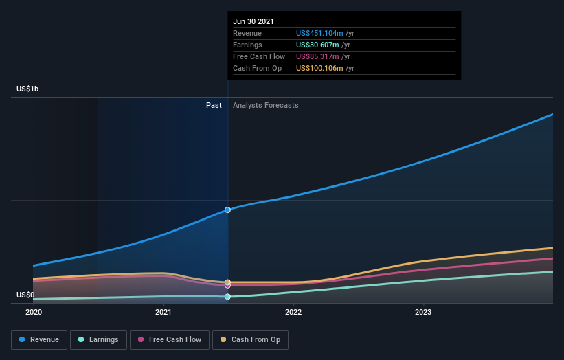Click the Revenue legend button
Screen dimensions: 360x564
pyautogui.click(x=39, y=339)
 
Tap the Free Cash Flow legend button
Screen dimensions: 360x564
pyautogui.click(x=170, y=339)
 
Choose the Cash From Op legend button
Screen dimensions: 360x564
pyautogui.click(x=250, y=339)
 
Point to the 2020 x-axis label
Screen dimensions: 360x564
pyautogui.click(x=33, y=312)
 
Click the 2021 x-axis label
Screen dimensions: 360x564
pyautogui.click(x=163, y=312)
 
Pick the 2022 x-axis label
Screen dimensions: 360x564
pyautogui.click(x=293, y=312)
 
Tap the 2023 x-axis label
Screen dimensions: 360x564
pyautogui.click(x=423, y=312)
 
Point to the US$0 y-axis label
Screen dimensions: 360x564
pyautogui.click(x=25, y=295)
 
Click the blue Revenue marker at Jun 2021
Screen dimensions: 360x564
pyautogui.click(x=227, y=210)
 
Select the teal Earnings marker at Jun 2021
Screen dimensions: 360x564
pyautogui.click(x=227, y=297)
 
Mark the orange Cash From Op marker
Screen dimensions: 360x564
pyautogui.click(x=227, y=282)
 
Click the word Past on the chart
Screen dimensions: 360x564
pyautogui.click(x=214, y=105)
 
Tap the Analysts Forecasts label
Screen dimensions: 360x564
pyautogui.click(x=266, y=105)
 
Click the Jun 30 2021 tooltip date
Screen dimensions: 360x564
pyautogui.click(x=253, y=21)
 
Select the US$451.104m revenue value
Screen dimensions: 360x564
pyautogui.click(x=319, y=33)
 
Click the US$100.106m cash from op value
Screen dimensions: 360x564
pyautogui.click(x=319, y=68)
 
